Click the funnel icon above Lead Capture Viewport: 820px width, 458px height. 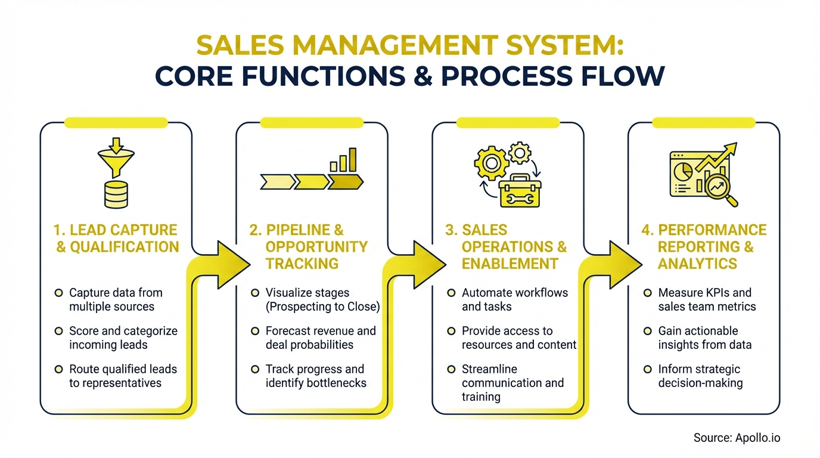pos(116,157)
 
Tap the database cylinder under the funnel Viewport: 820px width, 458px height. pos(116,194)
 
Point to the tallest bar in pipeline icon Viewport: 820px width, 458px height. pos(352,159)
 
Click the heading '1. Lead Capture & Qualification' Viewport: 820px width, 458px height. pos(117,239)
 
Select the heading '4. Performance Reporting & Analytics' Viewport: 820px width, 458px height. pos(704,247)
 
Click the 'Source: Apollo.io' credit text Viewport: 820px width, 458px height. pos(737,438)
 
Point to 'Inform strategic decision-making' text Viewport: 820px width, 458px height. pos(700,376)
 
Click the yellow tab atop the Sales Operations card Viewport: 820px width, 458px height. pos(508,122)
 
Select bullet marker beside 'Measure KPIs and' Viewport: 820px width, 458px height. pos(647,293)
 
